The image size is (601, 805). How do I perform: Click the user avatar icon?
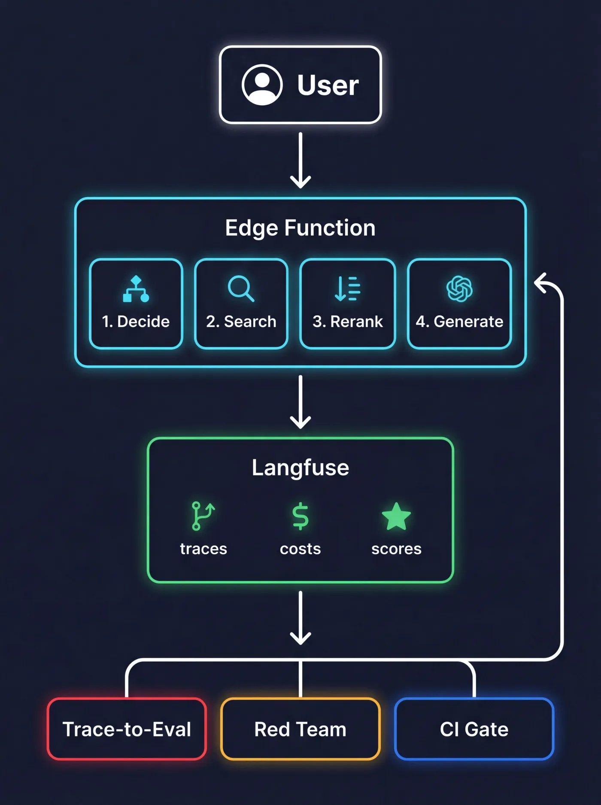(x=262, y=85)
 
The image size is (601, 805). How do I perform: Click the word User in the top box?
(x=328, y=85)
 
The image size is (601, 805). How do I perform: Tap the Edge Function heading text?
(x=300, y=228)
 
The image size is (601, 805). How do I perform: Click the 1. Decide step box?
(x=136, y=304)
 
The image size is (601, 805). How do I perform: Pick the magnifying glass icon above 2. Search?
(x=241, y=289)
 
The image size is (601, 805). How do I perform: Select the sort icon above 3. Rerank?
(x=348, y=289)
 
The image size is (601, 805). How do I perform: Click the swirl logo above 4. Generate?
(x=459, y=289)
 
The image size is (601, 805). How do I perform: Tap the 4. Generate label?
(x=459, y=322)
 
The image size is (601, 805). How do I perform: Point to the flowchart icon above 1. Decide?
(x=136, y=289)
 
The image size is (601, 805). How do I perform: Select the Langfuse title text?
(x=300, y=468)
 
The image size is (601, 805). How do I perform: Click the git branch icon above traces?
(x=203, y=516)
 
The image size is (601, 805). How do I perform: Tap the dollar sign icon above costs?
(x=300, y=516)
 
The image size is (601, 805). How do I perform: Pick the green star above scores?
(x=396, y=517)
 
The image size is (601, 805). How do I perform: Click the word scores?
(x=396, y=549)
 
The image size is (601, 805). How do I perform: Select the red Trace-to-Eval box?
(x=127, y=729)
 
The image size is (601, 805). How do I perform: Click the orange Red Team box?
(x=300, y=729)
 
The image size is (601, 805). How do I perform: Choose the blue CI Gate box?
(x=474, y=729)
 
